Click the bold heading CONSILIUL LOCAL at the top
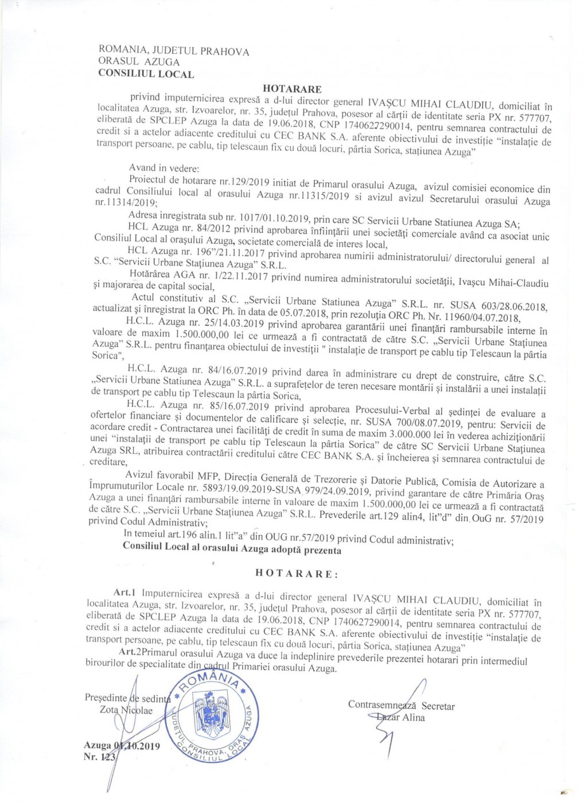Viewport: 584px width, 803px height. (x=146, y=74)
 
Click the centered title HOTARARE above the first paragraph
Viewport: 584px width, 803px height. (x=292, y=89)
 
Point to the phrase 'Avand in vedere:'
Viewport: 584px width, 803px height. (x=164, y=168)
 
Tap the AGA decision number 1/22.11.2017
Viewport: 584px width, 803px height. (x=216, y=275)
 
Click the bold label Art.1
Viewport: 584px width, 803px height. (x=124, y=592)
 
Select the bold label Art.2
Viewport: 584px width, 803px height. (x=130, y=652)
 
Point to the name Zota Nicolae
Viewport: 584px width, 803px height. (x=126, y=711)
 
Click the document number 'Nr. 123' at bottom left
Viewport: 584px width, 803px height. (x=99, y=757)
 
